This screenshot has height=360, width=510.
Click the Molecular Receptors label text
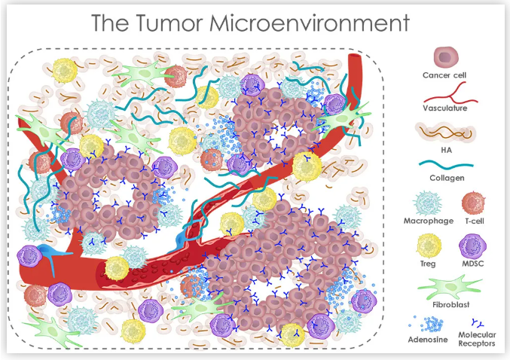476,339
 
